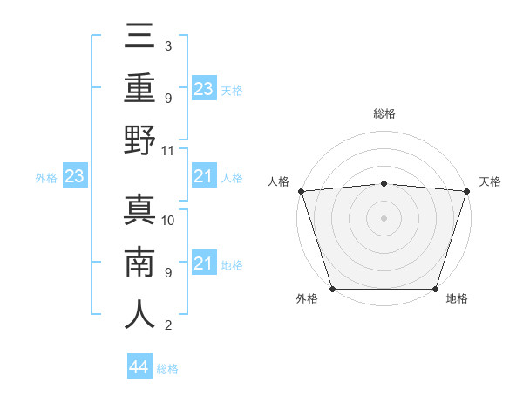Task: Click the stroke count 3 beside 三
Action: pos(167,45)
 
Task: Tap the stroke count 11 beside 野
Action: pos(169,150)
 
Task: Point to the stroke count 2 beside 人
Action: pos(167,326)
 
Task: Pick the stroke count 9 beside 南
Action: pos(167,273)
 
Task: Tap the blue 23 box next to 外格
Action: pos(75,177)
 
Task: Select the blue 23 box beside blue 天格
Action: pos(204,89)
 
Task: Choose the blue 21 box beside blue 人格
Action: pos(204,177)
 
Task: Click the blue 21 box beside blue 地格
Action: pos(204,264)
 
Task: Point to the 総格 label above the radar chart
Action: pos(384,113)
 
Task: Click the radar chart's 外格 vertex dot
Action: pos(332,289)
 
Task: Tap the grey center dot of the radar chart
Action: pos(384,218)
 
